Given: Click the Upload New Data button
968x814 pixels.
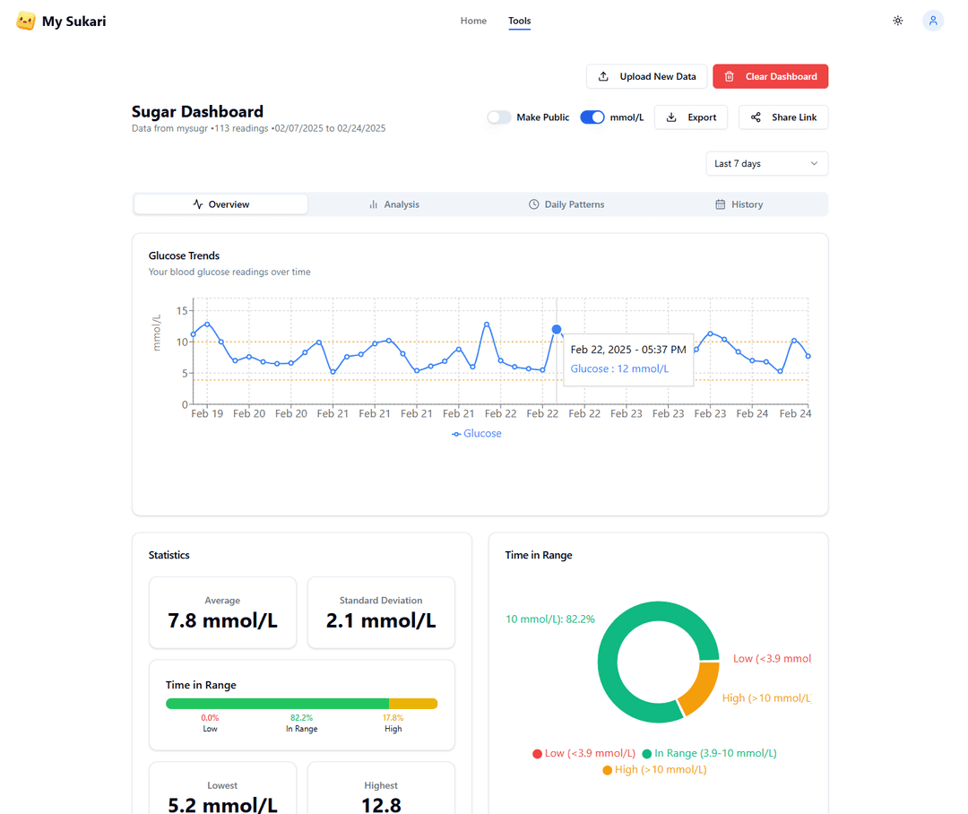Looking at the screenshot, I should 646,76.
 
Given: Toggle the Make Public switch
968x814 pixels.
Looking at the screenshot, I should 499,117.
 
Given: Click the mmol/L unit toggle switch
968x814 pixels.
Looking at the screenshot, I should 592,117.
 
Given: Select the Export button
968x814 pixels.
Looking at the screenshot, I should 692,117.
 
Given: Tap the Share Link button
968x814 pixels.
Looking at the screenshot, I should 782,117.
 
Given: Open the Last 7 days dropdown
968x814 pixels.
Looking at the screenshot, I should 766,164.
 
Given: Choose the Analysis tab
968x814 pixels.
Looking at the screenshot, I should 394,204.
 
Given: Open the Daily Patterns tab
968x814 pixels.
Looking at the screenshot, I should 566,204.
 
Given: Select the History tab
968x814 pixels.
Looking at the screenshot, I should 739,204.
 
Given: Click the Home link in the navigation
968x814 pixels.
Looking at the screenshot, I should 473,21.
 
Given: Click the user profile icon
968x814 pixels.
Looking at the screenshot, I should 933,21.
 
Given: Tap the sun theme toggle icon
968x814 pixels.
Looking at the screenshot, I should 897,21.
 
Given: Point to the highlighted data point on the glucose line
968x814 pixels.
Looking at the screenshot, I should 557,330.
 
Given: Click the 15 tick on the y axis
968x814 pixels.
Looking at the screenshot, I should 182,311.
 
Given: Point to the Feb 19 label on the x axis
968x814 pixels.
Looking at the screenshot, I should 207,414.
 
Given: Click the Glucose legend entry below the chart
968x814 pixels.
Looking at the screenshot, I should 477,434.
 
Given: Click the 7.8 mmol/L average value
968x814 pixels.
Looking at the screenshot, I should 222,620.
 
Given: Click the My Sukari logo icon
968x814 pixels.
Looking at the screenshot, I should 26,21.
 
